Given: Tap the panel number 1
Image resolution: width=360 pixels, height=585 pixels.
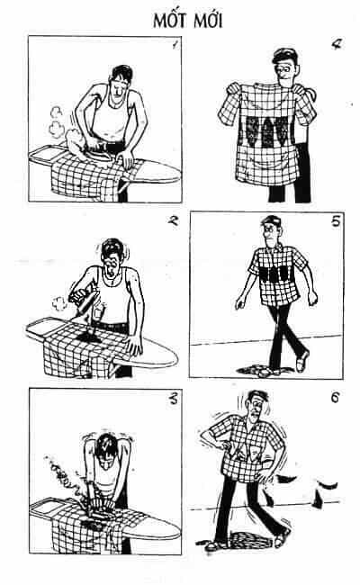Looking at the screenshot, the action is [x=174, y=46].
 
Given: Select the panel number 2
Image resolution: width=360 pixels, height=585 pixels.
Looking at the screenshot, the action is [x=173, y=220].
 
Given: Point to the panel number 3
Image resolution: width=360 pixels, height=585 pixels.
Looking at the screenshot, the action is [x=174, y=400].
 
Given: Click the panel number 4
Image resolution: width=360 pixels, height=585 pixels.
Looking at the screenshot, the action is [x=337, y=44].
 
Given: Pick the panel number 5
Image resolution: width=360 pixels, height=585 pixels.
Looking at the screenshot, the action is [x=336, y=220].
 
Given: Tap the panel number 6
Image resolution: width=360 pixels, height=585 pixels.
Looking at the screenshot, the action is [x=335, y=398].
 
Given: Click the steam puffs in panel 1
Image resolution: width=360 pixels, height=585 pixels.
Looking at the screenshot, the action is [x=56, y=121].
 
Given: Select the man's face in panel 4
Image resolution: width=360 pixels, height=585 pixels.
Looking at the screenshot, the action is [x=285, y=71].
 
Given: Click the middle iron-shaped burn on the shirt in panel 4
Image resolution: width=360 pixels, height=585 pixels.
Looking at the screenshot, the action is [x=268, y=131].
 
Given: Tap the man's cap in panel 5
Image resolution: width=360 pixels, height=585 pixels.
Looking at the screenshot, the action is [x=272, y=220].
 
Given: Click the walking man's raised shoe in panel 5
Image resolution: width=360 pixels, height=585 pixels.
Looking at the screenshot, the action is [x=302, y=361].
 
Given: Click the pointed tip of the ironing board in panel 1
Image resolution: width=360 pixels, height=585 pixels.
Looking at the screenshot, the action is [x=179, y=174].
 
